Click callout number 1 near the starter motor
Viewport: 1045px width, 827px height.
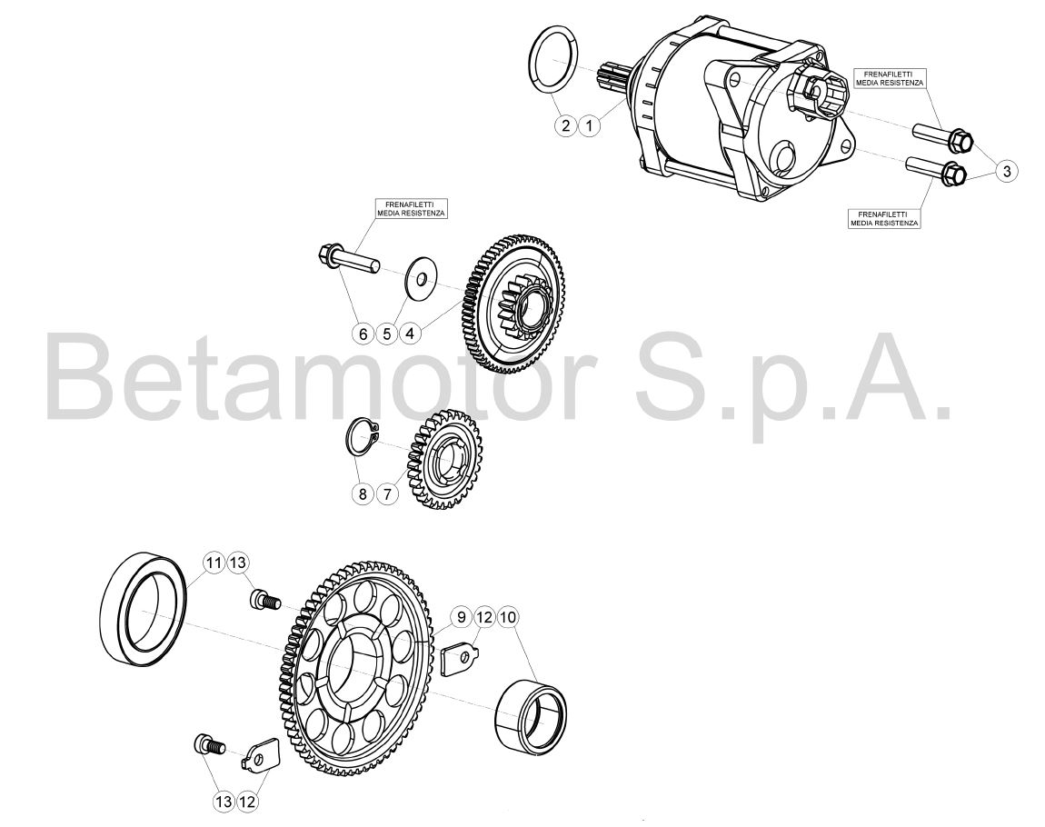(589, 125)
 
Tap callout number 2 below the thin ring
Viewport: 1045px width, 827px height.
(565, 125)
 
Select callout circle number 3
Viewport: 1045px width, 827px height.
(1007, 171)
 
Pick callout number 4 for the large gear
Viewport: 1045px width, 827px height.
(411, 334)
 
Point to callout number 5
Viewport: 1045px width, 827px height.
(386, 334)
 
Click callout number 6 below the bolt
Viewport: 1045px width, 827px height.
(363, 334)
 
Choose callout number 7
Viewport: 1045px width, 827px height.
(386, 493)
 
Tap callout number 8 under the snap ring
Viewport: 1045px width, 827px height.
(363, 493)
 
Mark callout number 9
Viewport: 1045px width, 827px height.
(461, 617)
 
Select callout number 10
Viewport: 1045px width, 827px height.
(507, 617)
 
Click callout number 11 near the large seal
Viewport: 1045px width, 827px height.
(214, 563)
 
